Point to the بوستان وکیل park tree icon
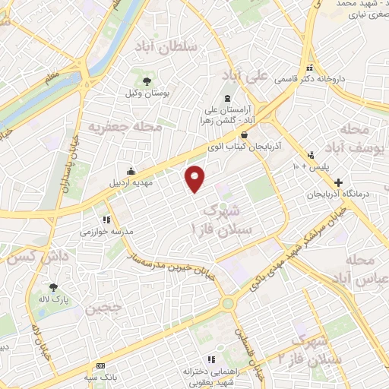coord(148,81)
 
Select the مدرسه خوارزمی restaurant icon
coord(96,218)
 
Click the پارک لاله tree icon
coord(53,287)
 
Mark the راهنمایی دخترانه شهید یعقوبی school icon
coord(210,359)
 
